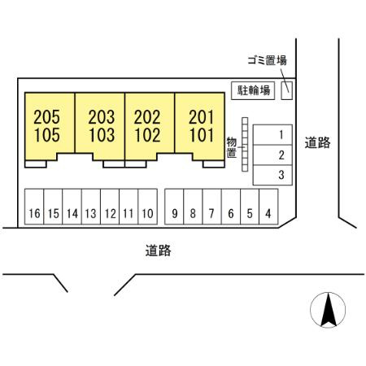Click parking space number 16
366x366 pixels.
(x=34, y=207)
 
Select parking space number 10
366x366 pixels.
(x=148, y=207)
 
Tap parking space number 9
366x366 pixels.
(x=174, y=207)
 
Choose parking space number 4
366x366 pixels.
(x=268, y=207)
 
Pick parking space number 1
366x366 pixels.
(x=272, y=135)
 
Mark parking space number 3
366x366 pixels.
(x=272, y=175)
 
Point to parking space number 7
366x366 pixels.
(x=212, y=207)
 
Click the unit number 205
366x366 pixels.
(x=47, y=117)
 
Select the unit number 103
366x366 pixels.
(x=102, y=135)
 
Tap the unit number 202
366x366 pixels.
(x=147, y=117)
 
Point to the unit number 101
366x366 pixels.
(x=202, y=135)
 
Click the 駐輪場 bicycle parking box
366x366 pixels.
(x=253, y=90)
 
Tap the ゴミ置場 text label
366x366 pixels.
(x=268, y=60)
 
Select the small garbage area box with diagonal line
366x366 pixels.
(x=286, y=90)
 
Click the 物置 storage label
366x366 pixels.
(x=232, y=147)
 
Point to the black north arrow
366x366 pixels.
(x=329, y=310)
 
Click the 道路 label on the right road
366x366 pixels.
(x=317, y=142)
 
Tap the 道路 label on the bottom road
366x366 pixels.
(x=158, y=251)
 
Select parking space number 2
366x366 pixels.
(x=272, y=155)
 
